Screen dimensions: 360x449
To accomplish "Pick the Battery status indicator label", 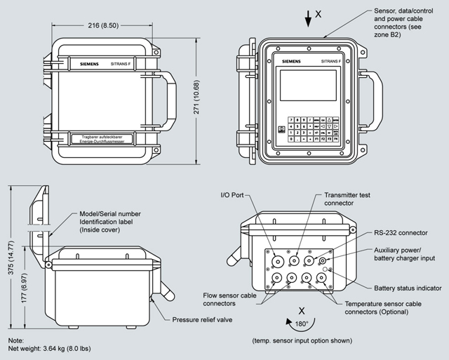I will click(x=408, y=288).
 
